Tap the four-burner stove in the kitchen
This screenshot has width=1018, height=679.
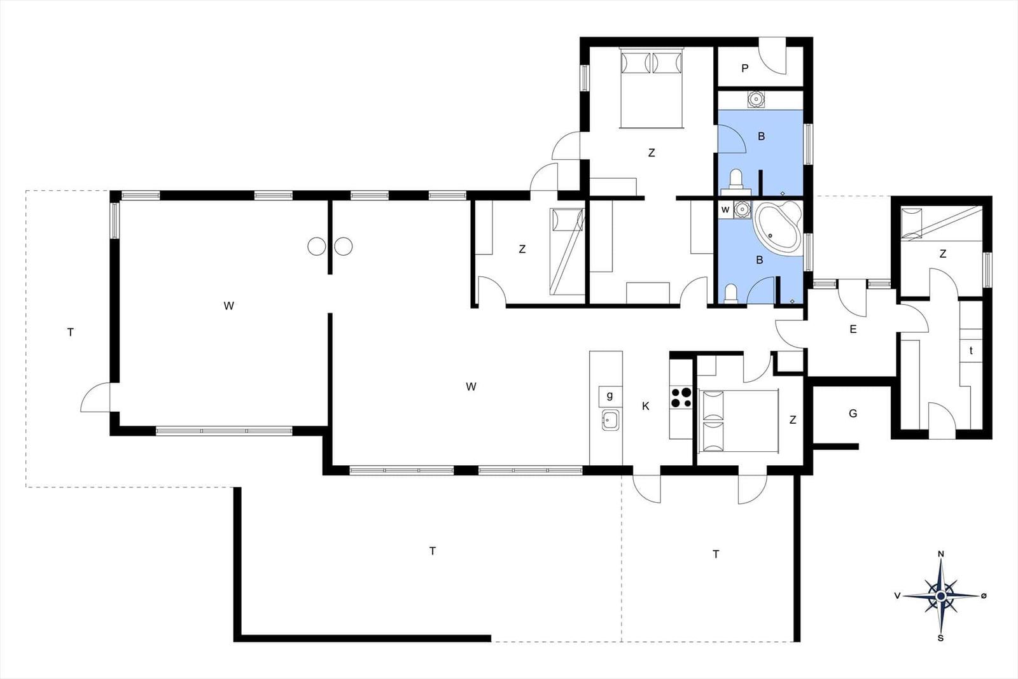click(x=681, y=397)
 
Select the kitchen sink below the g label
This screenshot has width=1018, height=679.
click(x=610, y=419)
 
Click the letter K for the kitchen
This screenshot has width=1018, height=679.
click(x=645, y=406)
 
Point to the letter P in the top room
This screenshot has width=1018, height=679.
click(x=745, y=69)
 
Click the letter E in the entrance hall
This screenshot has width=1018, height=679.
click(x=853, y=329)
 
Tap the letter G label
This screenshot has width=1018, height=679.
click(x=853, y=414)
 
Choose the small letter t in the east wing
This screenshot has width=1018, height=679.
click(x=971, y=351)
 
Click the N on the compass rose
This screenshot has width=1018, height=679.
click(x=941, y=554)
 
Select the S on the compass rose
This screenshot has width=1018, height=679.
click(x=941, y=638)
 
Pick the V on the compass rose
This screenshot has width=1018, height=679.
click(x=898, y=596)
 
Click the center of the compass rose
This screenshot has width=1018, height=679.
click(x=941, y=596)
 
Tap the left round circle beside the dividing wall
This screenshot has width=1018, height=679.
click(x=317, y=246)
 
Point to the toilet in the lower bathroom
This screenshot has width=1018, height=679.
click(x=731, y=293)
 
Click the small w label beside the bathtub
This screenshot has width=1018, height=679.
click(x=725, y=209)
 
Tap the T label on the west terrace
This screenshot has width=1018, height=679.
click(x=71, y=332)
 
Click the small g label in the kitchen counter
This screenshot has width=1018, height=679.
click(x=610, y=395)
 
